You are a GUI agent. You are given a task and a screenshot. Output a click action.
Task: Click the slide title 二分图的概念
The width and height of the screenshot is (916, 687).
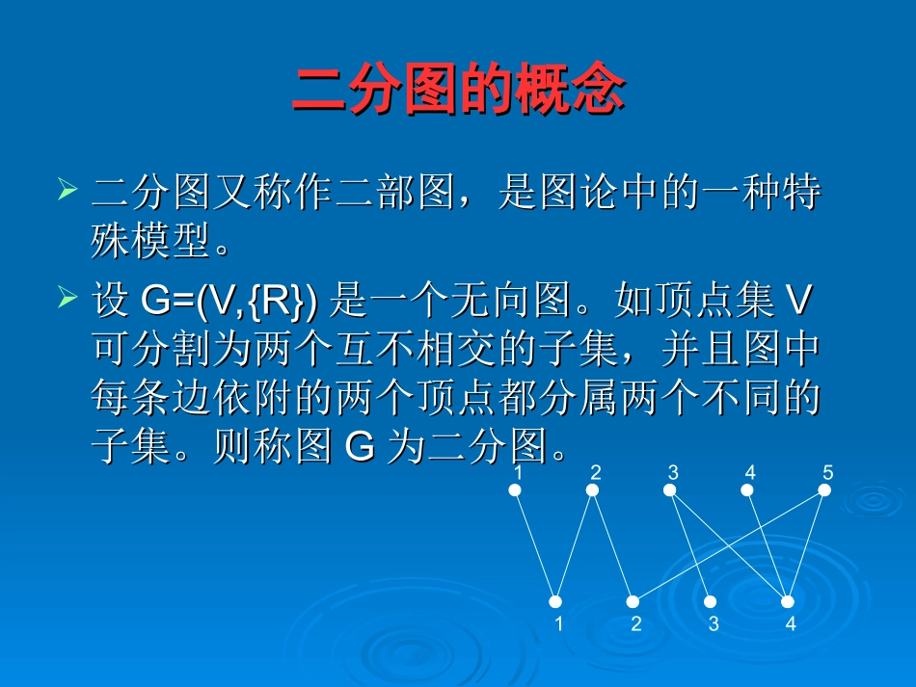point(458,92)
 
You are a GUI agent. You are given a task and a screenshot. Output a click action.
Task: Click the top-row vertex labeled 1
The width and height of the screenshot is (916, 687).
point(515,490)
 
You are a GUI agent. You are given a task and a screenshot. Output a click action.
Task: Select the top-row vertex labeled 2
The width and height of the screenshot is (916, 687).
point(593,490)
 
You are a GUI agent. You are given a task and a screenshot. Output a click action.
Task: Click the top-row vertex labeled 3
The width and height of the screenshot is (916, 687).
point(670,490)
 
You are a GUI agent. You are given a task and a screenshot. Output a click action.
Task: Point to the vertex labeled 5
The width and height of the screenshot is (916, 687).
point(824,490)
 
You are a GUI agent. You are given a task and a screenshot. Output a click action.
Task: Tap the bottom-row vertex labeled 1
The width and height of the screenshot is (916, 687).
point(555,601)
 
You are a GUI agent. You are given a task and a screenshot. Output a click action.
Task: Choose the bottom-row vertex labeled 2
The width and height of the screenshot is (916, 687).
point(633,601)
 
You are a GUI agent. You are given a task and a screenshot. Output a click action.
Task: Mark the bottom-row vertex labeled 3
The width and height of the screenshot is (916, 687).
point(711,601)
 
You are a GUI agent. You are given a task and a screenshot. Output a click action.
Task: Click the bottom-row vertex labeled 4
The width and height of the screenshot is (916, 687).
point(788,601)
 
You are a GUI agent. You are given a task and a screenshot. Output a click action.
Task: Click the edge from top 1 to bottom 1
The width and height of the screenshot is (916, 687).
point(535,545)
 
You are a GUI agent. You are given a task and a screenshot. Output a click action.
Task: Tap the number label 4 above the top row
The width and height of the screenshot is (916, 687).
point(749,472)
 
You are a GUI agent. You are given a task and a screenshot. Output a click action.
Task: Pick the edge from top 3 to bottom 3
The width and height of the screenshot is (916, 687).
point(690,545)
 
